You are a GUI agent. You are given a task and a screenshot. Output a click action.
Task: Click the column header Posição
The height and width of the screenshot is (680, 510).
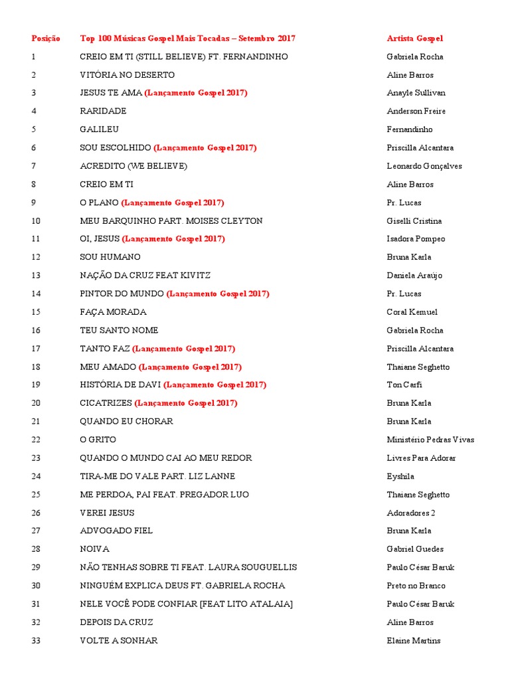(45, 39)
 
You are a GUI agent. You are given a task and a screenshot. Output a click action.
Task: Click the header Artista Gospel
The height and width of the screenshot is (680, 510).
(414, 39)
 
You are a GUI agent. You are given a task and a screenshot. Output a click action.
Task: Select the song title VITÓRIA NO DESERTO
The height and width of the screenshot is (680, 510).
(127, 75)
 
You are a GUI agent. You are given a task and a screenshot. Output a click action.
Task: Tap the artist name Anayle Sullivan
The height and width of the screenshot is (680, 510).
(416, 93)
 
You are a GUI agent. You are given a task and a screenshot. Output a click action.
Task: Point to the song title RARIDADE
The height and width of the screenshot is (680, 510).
(103, 111)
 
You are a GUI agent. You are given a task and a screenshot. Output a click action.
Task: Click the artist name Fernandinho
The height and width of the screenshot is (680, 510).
(409, 129)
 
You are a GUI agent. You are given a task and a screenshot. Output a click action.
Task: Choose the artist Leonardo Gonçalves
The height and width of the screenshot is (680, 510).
(424, 166)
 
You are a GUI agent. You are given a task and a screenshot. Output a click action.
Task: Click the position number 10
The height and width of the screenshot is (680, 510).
(36, 220)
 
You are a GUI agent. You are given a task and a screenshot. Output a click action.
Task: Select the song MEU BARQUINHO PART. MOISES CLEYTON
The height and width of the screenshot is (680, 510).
(171, 220)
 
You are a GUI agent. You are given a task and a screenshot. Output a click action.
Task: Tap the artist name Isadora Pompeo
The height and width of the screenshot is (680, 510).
(416, 239)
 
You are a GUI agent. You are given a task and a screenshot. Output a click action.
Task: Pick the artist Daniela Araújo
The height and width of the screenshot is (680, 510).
(414, 276)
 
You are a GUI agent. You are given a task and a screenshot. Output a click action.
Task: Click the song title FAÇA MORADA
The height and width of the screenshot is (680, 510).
(113, 312)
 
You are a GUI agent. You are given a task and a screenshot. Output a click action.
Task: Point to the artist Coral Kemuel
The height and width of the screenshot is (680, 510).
(412, 312)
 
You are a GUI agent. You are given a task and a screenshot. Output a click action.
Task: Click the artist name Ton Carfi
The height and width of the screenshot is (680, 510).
(404, 384)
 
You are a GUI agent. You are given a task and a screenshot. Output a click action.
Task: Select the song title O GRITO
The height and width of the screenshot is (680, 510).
(98, 440)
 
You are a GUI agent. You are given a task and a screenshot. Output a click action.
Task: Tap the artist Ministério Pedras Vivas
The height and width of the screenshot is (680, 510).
(430, 440)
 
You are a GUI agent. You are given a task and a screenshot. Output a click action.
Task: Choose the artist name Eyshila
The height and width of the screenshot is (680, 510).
(400, 476)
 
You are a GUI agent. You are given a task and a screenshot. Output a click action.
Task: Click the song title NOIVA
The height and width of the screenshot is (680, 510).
(94, 549)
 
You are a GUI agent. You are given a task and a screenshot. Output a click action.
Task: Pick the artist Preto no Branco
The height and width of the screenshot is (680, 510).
(416, 586)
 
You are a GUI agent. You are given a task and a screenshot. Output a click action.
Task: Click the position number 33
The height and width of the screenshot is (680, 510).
(36, 641)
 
